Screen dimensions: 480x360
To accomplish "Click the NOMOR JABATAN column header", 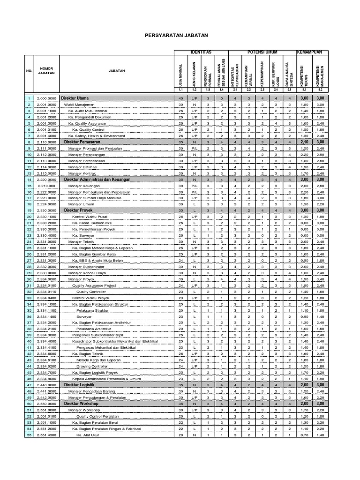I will tap(46, 71).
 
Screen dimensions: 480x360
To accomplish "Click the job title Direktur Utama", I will tap(76, 98).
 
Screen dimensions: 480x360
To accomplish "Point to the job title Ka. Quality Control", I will tap(88, 129).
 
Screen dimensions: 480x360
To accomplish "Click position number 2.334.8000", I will tap(46, 378).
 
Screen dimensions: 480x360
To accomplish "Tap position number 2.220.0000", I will tap(46, 179).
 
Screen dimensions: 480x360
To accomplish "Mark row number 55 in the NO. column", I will tap(29, 435).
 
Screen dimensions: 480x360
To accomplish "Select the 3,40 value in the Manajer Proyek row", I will tap(320, 279).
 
